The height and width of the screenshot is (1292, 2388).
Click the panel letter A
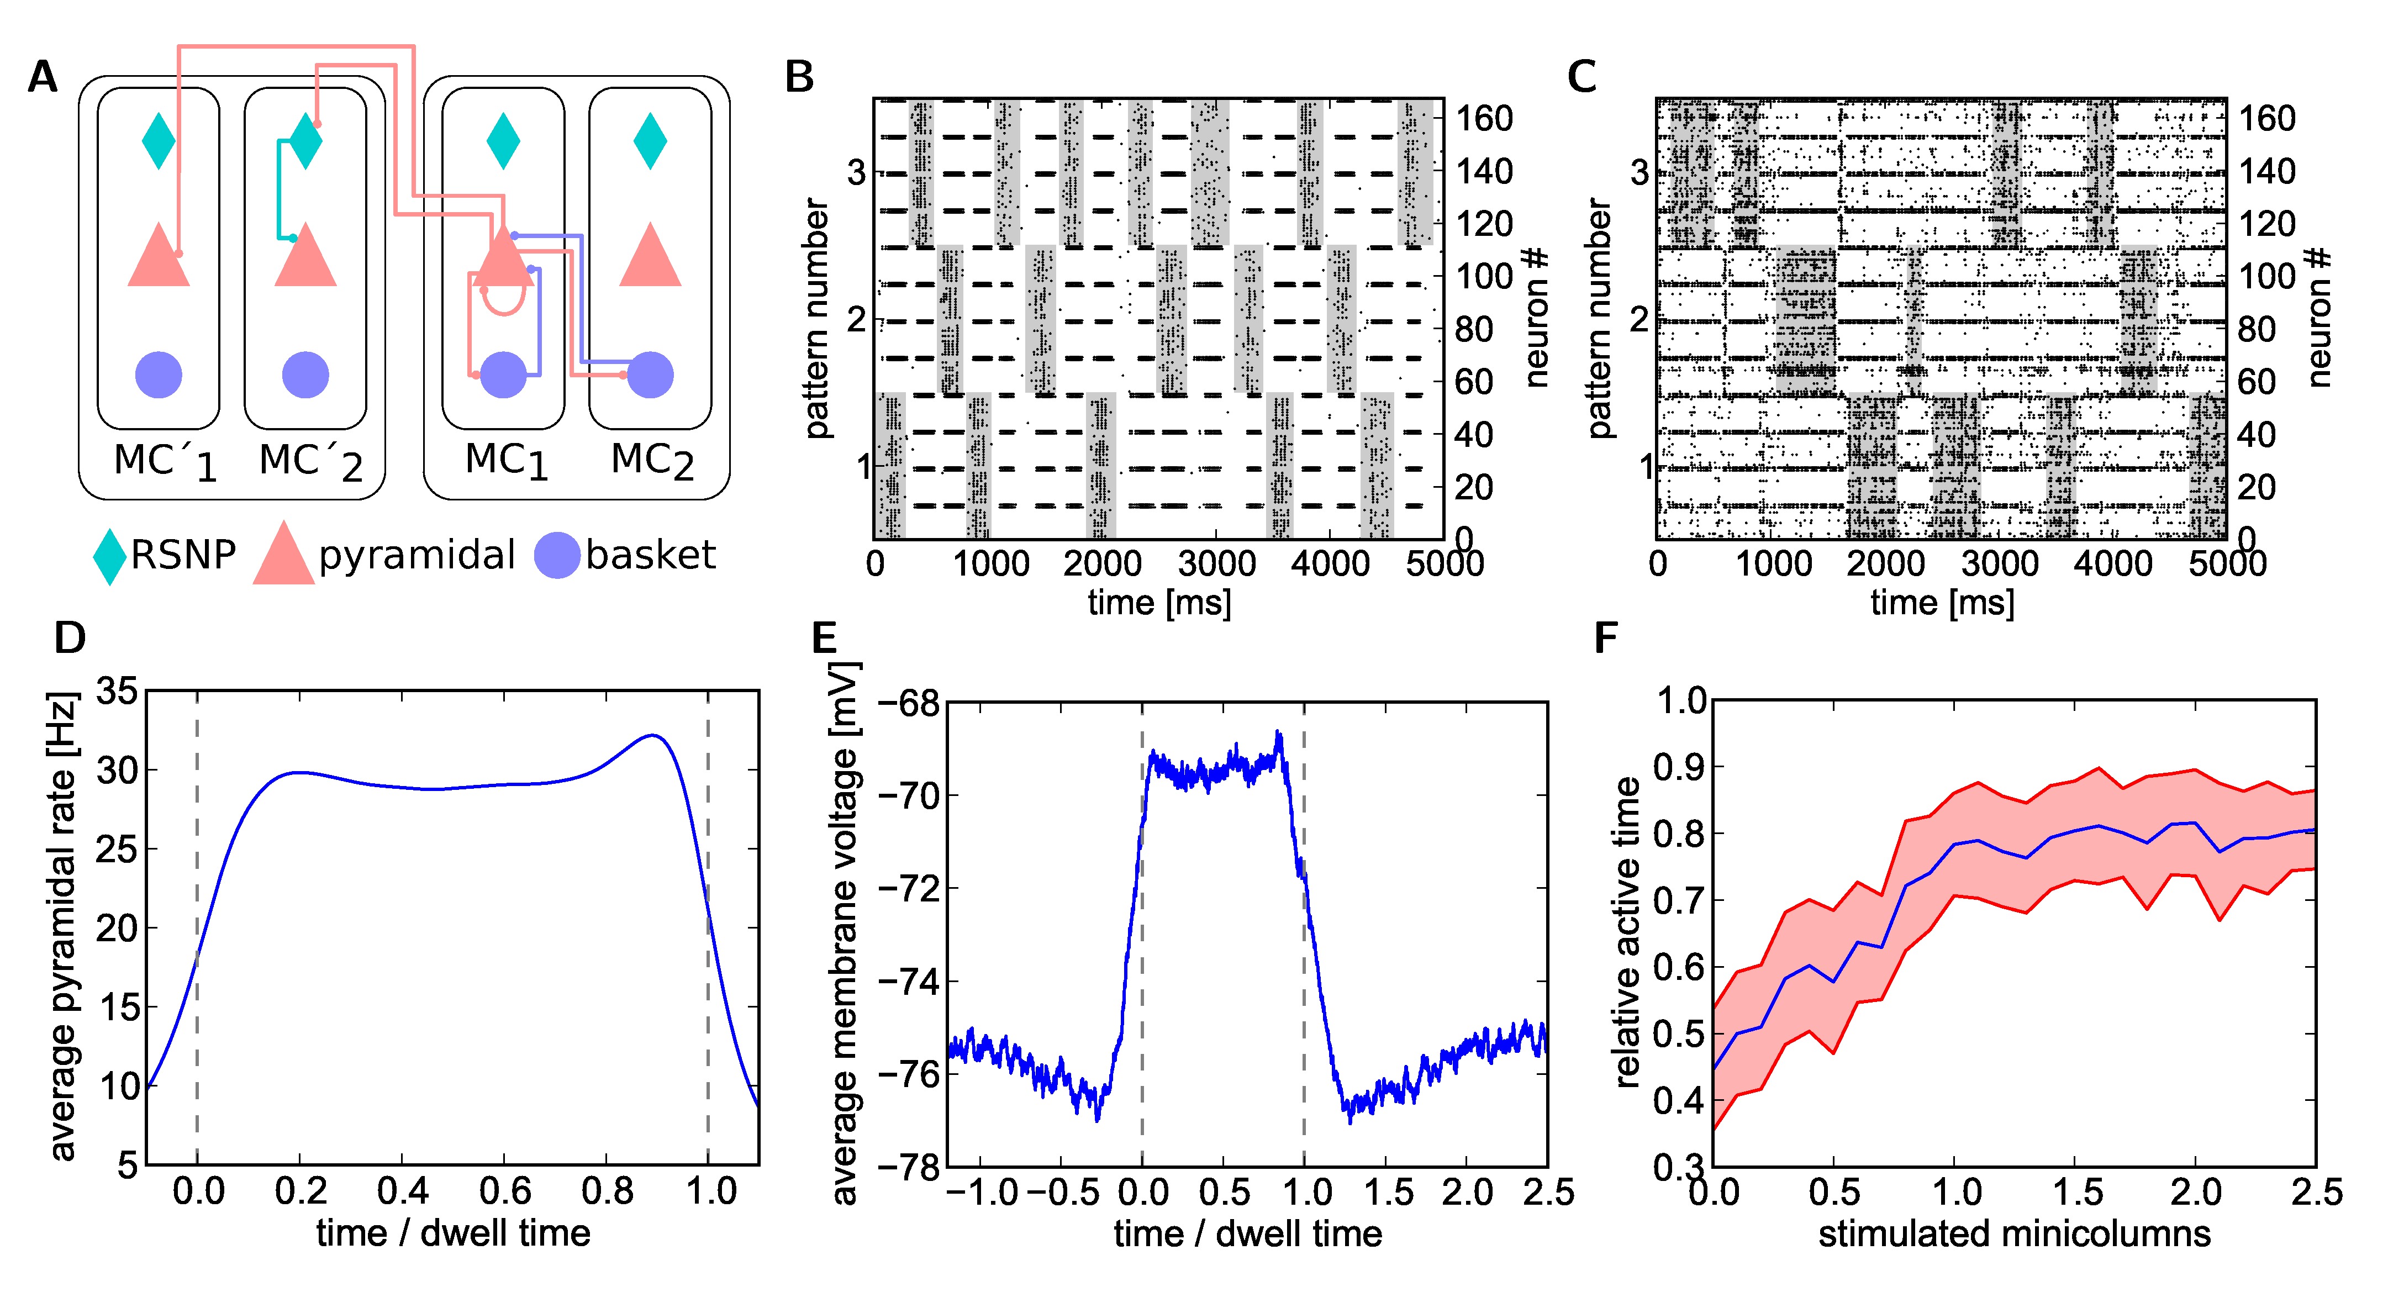tap(43, 77)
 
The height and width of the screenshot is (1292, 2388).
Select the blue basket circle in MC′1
tap(159, 376)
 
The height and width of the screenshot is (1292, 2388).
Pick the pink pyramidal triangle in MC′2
tap(306, 257)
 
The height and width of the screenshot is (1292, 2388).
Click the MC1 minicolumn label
tap(506, 461)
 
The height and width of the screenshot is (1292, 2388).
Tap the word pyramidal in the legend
tap(417, 555)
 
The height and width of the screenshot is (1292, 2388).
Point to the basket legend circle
tap(557, 555)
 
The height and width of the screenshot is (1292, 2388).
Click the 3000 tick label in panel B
tap(1215, 563)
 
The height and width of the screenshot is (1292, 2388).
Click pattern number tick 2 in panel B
tap(857, 320)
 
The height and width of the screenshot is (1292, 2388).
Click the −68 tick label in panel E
tap(909, 704)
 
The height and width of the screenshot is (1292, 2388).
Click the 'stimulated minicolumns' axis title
tap(2013, 1233)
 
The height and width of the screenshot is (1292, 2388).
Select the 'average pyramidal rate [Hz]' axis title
tap(62, 927)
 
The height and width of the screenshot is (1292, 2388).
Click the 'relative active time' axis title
tap(1627, 931)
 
